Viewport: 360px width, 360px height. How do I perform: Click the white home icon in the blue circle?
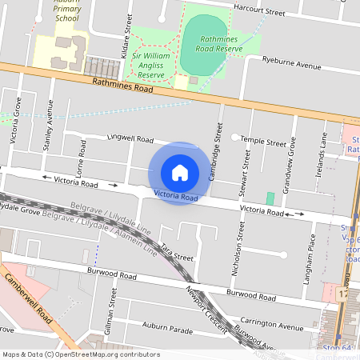(x=180, y=172)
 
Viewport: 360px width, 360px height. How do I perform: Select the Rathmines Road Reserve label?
(x=210, y=43)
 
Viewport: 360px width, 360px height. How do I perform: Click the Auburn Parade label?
(x=167, y=326)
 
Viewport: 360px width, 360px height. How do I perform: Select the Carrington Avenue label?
(x=273, y=324)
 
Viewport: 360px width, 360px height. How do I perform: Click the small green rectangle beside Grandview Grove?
(x=270, y=198)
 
